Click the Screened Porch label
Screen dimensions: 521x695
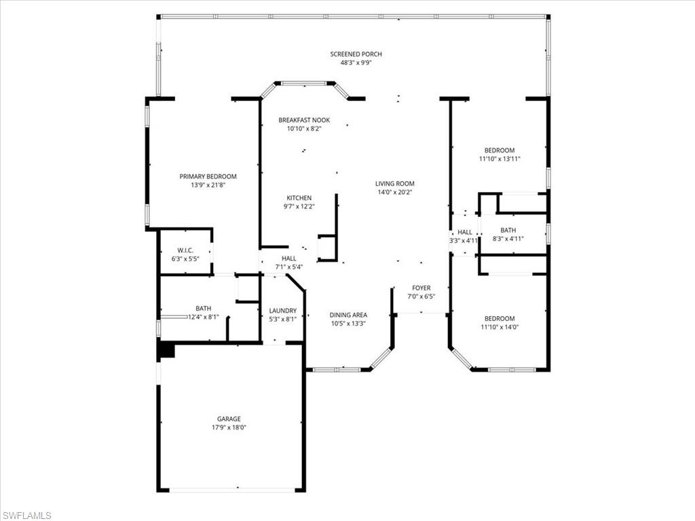(x=356, y=54)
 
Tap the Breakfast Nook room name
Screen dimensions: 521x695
(x=304, y=120)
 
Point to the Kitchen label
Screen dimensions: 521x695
(x=299, y=198)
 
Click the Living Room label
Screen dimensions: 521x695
(x=394, y=183)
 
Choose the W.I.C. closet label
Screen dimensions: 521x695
(x=185, y=250)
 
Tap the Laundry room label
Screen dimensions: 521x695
(x=282, y=311)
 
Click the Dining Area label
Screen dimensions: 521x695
(x=348, y=315)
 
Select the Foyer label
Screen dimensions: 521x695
(x=421, y=288)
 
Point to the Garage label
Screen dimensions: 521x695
(x=229, y=419)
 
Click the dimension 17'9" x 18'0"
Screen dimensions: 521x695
(x=229, y=427)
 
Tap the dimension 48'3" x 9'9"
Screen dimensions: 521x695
(x=356, y=62)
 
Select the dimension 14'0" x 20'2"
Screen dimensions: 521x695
(x=394, y=192)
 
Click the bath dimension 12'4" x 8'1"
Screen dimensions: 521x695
(x=203, y=316)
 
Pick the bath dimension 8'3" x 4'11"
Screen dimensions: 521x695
(x=508, y=239)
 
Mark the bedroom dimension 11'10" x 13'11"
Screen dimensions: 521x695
(x=499, y=159)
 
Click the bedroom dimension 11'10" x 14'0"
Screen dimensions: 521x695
(x=499, y=327)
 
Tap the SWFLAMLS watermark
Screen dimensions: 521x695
(x=27, y=516)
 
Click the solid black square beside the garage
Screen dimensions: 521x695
(x=166, y=350)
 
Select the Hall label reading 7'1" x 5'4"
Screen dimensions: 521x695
(x=288, y=267)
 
